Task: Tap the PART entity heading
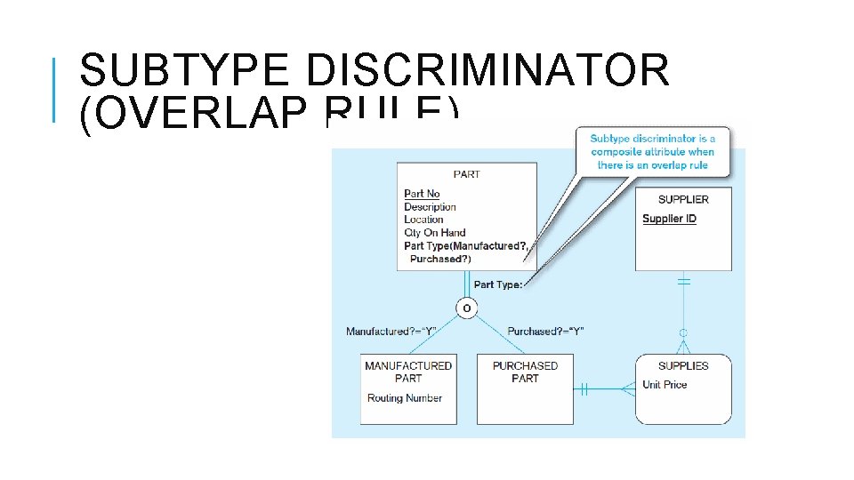(466, 174)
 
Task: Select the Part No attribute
(422, 194)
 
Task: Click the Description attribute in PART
(430, 207)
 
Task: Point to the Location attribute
(423, 220)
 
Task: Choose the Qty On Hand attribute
(434, 233)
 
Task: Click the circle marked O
(466, 308)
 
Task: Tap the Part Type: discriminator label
(498, 284)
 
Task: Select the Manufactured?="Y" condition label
(391, 332)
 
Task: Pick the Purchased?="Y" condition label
(545, 332)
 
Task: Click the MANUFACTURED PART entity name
(408, 372)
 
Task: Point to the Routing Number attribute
(405, 398)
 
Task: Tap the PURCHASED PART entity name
(525, 372)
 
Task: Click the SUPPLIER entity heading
(683, 199)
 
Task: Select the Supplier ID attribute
(669, 219)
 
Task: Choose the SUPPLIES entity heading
(683, 365)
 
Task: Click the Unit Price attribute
(665, 385)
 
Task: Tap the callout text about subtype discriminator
(652, 152)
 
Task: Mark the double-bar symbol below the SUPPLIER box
(684, 282)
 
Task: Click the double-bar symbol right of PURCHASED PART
(584, 388)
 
